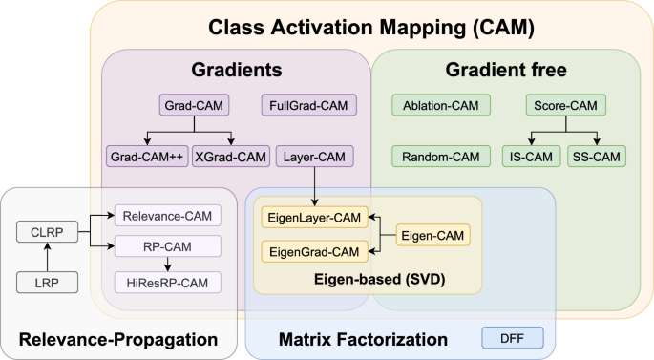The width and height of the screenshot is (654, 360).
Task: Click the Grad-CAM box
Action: [194, 104]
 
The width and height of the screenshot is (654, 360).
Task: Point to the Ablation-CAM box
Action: [441, 104]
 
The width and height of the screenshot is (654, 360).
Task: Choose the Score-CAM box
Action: [566, 104]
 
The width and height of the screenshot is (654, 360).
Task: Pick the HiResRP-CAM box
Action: [167, 282]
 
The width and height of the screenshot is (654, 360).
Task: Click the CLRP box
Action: [46, 232]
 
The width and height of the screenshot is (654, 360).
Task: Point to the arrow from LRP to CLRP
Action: [46, 258]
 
